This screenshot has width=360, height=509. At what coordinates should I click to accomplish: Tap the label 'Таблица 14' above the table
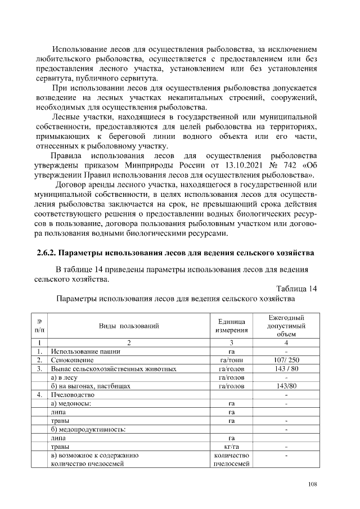tap(296, 289)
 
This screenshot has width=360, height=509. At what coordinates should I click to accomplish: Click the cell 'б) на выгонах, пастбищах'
tap(91, 386)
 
